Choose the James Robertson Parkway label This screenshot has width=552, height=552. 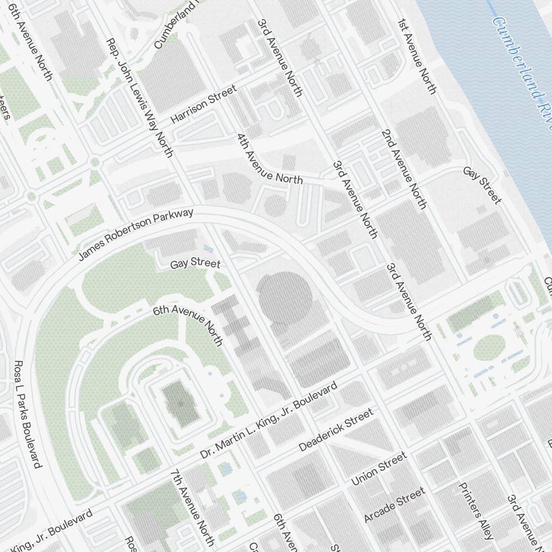(136, 235)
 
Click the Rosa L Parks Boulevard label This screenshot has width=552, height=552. (27, 413)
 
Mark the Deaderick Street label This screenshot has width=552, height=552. (335, 431)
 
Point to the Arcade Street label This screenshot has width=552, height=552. (394, 505)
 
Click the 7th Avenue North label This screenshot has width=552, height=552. (192, 507)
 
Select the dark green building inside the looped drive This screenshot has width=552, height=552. (180, 405)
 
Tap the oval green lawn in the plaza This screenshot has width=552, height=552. (489, 347)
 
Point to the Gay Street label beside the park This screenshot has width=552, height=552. (195, 264)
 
